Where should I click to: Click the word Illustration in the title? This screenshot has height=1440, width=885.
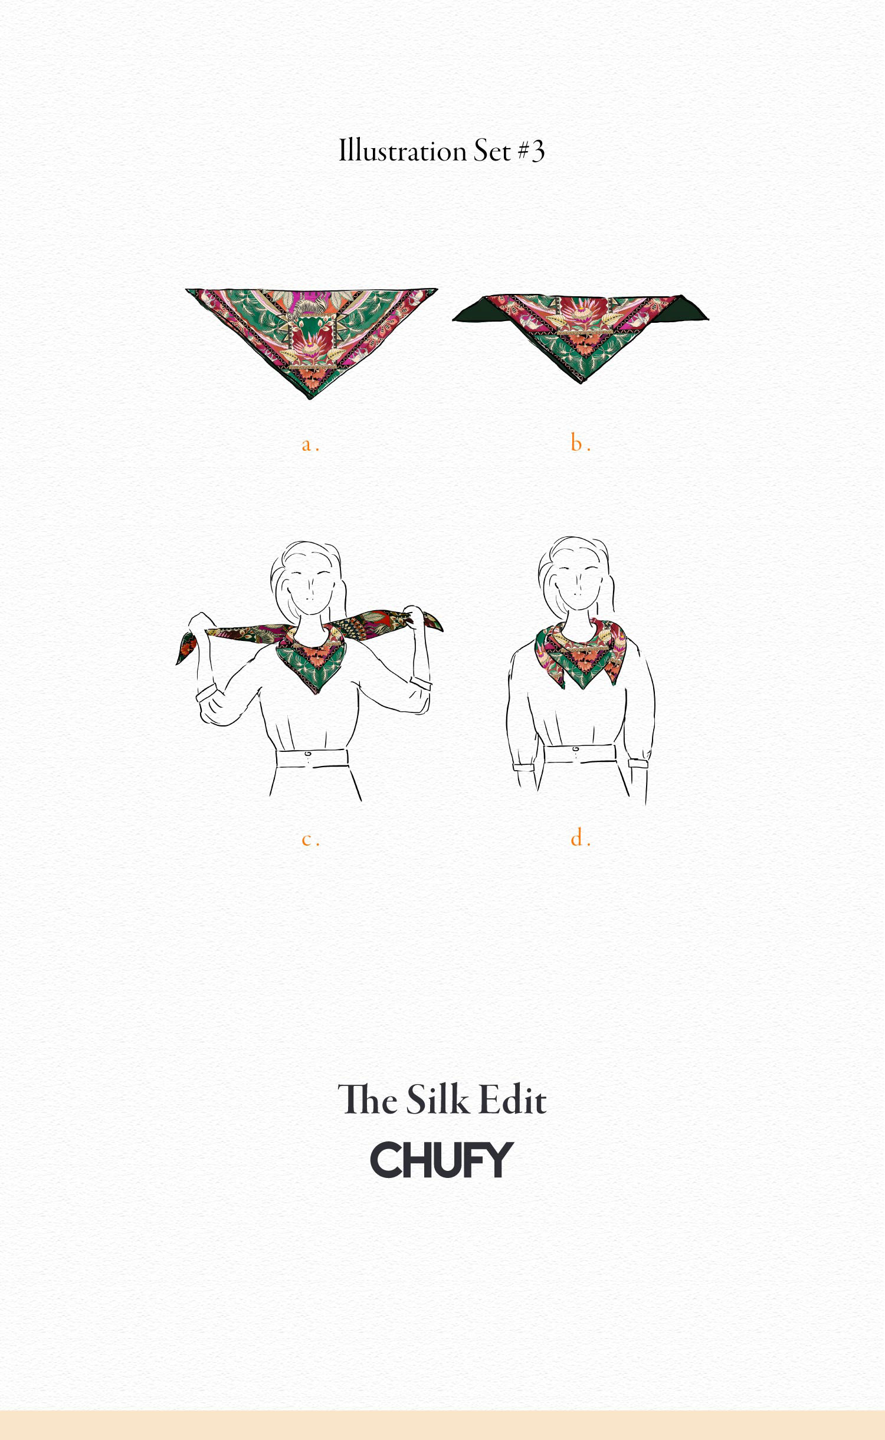click(403, 151)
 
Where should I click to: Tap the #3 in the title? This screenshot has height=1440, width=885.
click(531, 151)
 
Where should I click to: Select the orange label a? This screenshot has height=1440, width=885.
click(310, 444)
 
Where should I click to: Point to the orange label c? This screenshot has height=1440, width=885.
click(310, 839)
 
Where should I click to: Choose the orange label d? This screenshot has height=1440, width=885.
click(581, 837)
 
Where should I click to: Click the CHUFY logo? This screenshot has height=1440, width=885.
click(442, 1160)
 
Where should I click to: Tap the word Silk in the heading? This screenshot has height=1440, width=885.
click(431, 1100)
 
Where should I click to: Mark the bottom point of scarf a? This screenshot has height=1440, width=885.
click(310, 400)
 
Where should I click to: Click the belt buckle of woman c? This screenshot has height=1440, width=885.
click(307, 755)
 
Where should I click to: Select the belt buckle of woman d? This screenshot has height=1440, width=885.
click(576, 751)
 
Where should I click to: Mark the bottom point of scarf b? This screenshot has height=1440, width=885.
click(581, 383)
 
